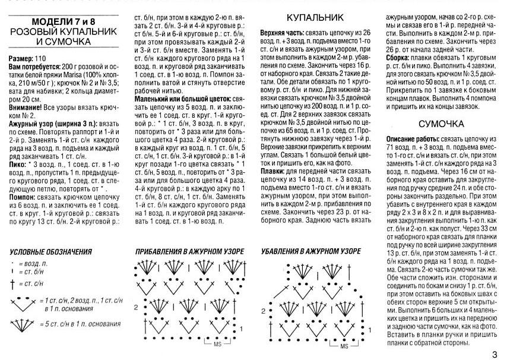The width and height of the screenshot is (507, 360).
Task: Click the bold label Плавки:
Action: point(274,170)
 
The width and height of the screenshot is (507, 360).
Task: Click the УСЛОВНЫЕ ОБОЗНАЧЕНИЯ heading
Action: point(50,251)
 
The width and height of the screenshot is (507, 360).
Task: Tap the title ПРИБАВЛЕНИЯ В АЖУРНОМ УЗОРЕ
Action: point(190,251)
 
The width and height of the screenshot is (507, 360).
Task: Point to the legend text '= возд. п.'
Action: point(32,262)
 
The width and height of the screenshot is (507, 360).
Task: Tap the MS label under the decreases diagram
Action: point(344,345)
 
